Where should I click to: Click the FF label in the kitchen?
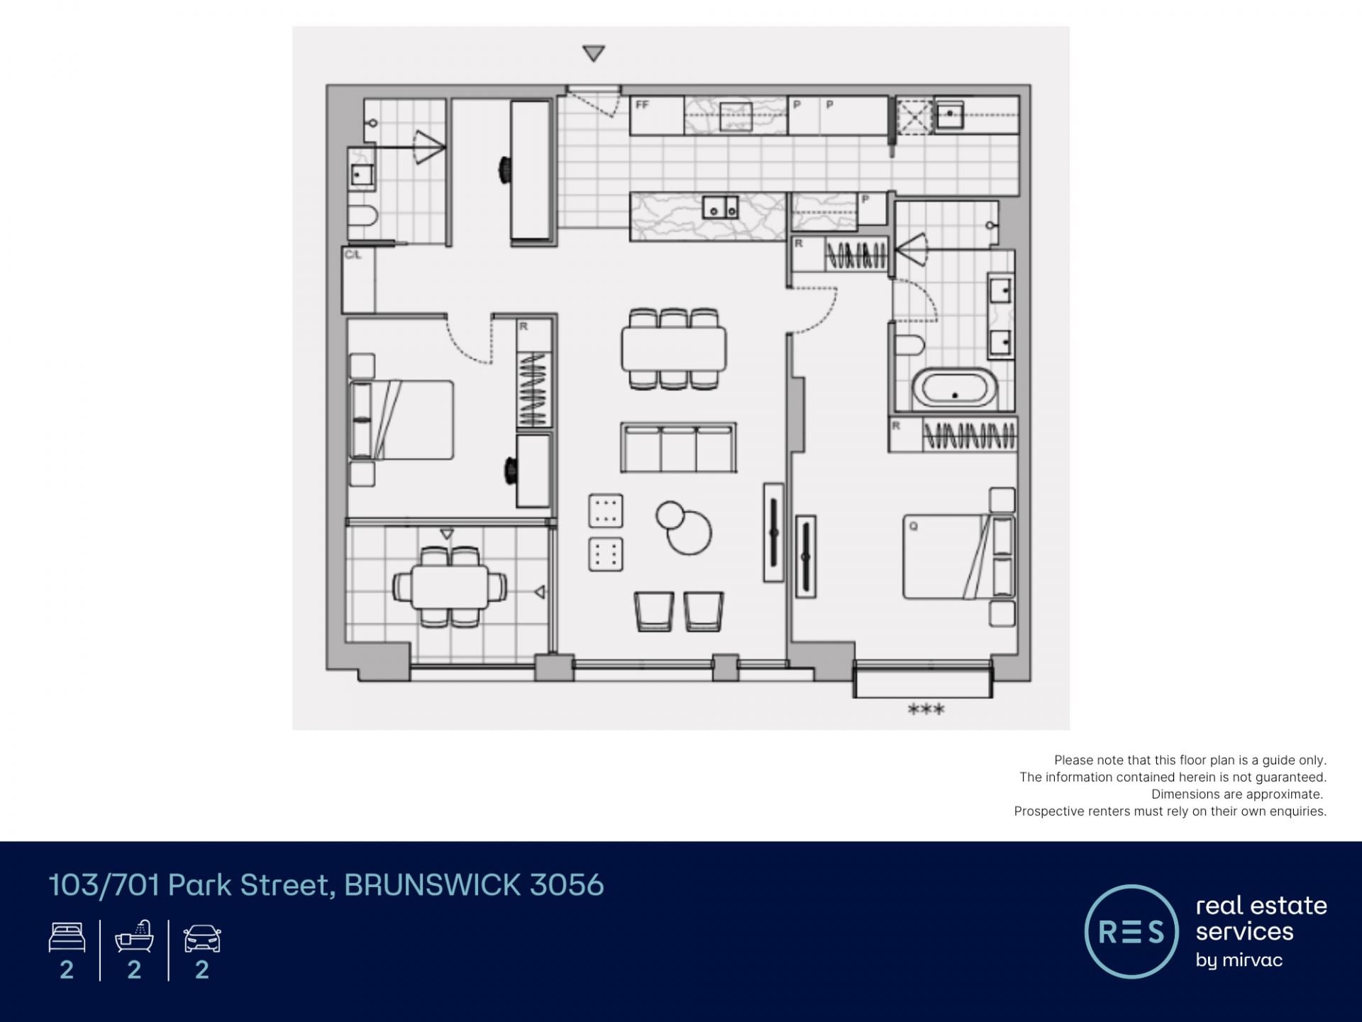coord(642,105)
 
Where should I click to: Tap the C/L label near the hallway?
coord(353,254)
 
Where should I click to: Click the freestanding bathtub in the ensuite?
coord(954,388)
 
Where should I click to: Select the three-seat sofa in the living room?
coord(678,447)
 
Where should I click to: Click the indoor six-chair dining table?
coord(674,348)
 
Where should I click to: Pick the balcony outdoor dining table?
coord(450,587)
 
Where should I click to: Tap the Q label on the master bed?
coord(914,527)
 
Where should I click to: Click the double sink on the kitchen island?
coord(720,207)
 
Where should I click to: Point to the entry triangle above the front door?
coord(593,53)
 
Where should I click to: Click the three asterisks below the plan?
coord(926,709)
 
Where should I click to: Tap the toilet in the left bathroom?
coord(362,216)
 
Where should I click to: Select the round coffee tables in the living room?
coord(684,527)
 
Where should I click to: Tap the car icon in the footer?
coord(202,938)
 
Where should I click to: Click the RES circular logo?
coord(1131,931)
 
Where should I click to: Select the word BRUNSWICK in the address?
coord(433,885)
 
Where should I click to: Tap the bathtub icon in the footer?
coord(135,936)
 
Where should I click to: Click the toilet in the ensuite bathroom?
coord(910,346)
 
